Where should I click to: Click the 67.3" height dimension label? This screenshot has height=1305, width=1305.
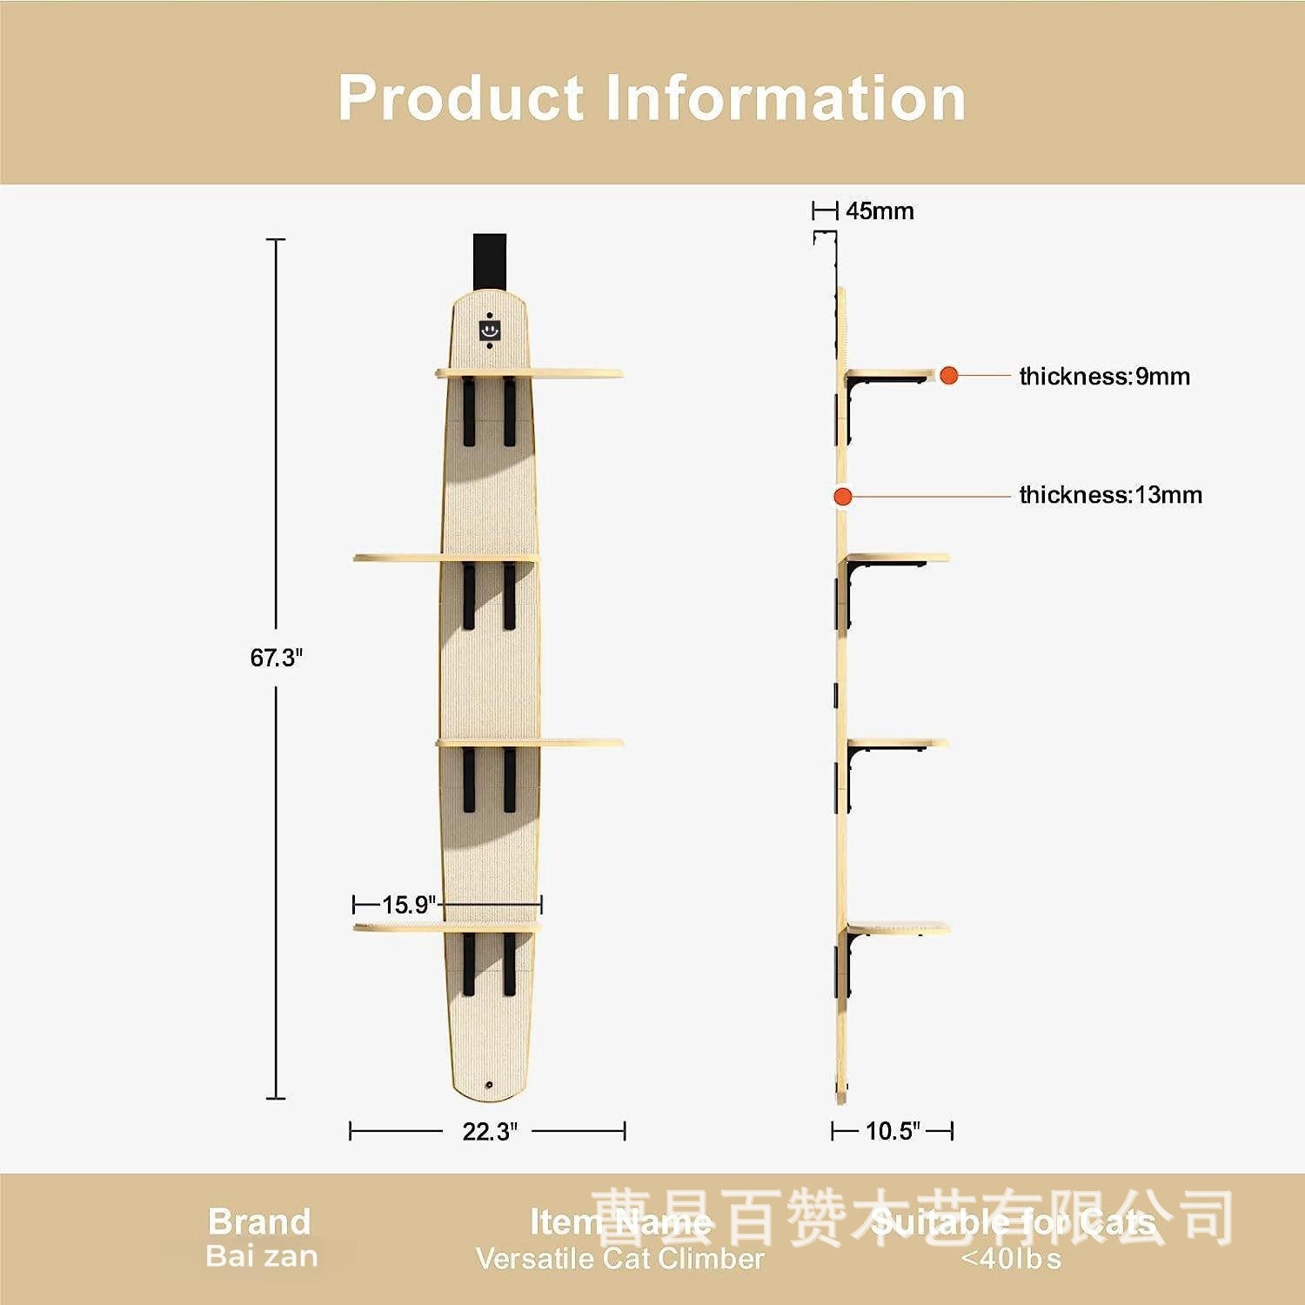[x=276, y=658]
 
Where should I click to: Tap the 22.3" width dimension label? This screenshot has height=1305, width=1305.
[x=489, y=1131]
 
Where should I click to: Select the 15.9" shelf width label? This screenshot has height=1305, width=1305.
[x=408, y=905]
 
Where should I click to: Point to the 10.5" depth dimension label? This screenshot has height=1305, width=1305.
[x=893, y=1131]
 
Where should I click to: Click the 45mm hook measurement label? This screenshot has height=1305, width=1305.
[x=880, y=211]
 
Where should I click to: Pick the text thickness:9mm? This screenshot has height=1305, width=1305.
[x=1104, y=377]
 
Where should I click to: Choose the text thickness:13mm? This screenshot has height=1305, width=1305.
[x=1110, y=495]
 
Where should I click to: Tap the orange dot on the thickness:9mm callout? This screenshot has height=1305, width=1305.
[x=948, y=376]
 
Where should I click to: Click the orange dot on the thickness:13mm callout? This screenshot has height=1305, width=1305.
[x=841, y=497]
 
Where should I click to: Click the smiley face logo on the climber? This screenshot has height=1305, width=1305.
[x=490, y=330]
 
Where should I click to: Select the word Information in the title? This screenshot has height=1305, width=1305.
[x=785, y=97]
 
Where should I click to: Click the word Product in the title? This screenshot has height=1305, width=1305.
[x=460, y=97]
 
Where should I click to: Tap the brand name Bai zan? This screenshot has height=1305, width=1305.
[x=261, y=1256]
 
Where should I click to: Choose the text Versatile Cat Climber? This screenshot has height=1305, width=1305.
[x=619, y=1258]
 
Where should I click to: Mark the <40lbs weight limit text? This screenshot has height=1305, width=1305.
[x=1011, y=1258]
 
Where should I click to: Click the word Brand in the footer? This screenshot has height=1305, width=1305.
[x=258, y=1221]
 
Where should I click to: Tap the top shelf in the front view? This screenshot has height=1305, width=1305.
[x=529, y=374]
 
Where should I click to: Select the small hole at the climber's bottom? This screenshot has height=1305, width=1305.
[x=490, y=1085]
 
